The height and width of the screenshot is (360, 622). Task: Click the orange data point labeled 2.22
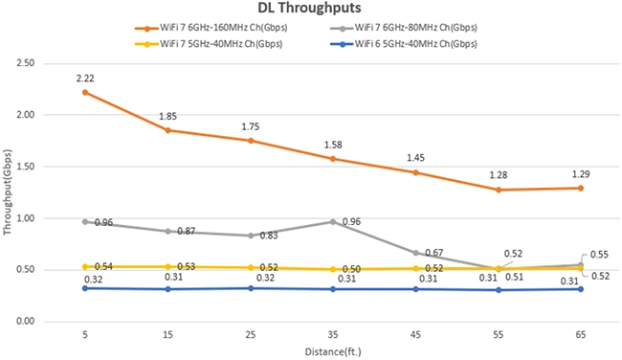(85, 92)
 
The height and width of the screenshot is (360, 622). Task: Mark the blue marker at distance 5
(85, 287)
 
